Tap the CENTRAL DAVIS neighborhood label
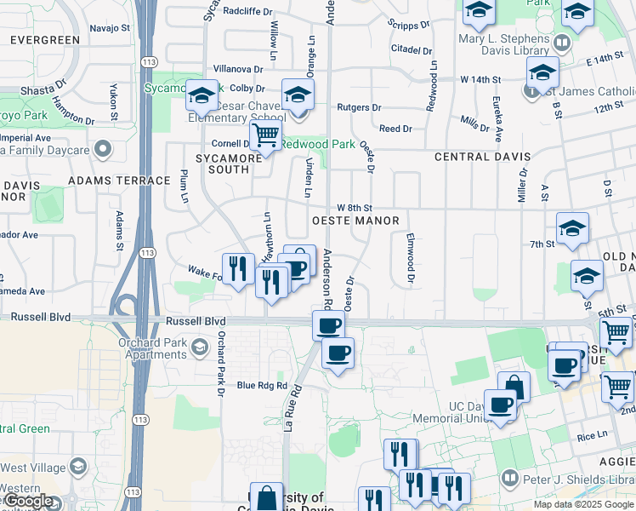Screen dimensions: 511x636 [x=482, y=158]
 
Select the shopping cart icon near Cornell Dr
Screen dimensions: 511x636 [x=266, y=135]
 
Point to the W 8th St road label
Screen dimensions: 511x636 [x=355, y=208]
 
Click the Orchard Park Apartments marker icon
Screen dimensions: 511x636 [x=199, y=347]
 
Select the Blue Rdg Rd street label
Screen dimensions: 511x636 [x=263, y=386]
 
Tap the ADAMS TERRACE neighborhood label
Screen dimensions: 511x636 [x=120, y=181]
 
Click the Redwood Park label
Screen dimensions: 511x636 [x=318, y=145]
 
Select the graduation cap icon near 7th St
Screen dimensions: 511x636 [x=572, y=230]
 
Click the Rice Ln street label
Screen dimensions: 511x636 [x=592, y=436]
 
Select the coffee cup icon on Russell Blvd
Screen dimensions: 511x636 [x=328, y=324]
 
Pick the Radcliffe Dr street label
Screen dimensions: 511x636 [x=248, y=12]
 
